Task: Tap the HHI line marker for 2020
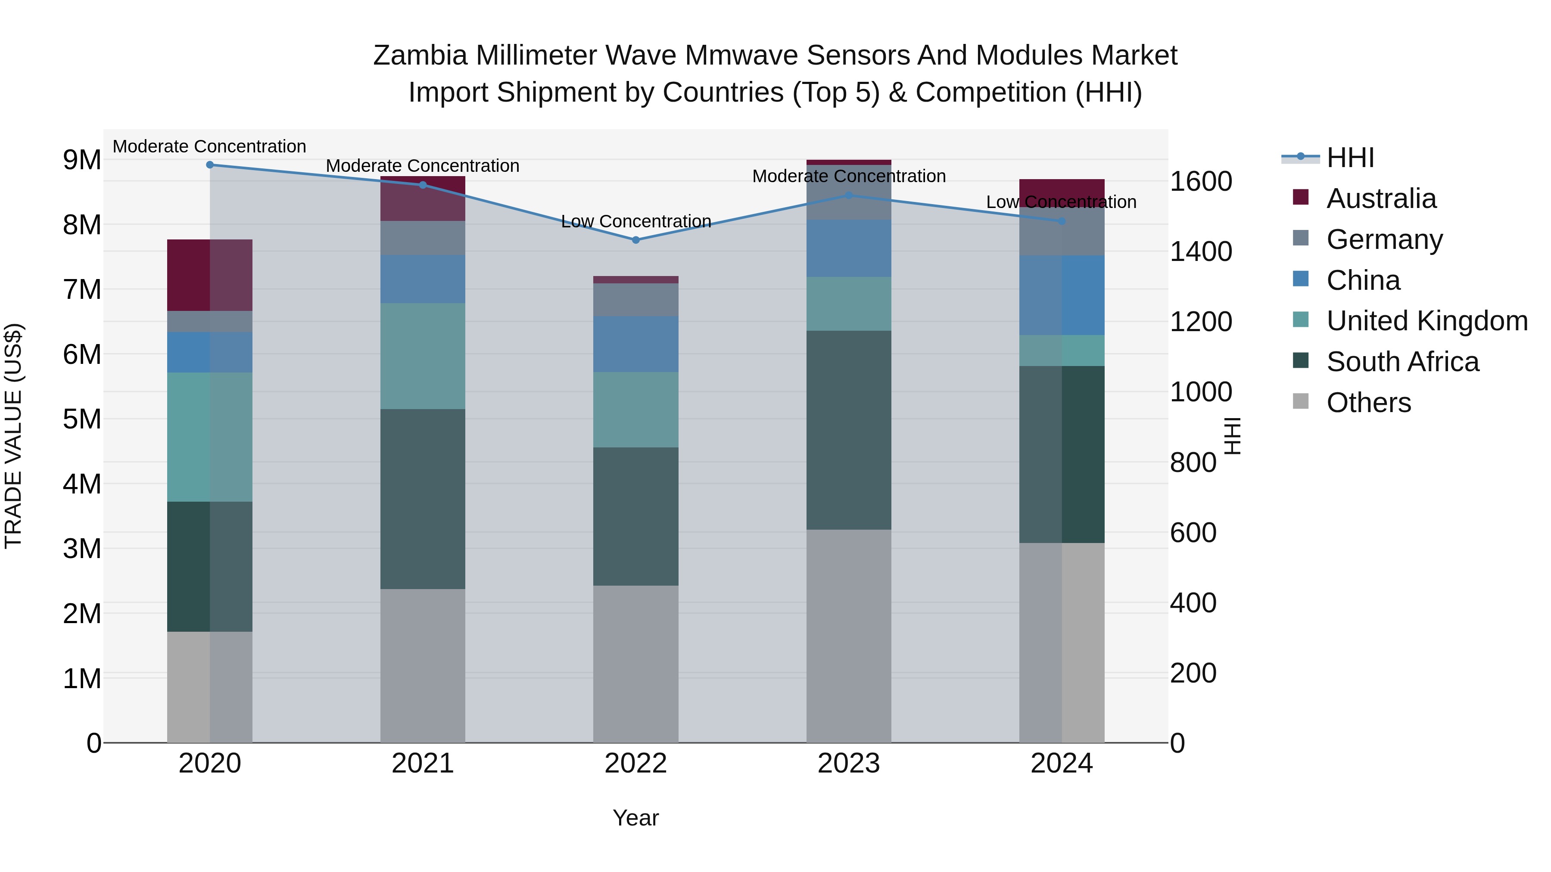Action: (x=209, y=165)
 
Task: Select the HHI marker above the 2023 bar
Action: (x=849, y=196)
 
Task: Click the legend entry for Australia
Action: (x=1381, y=199)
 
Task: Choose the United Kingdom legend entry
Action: (x=1426, y=321)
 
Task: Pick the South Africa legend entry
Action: (x=1402, y=362)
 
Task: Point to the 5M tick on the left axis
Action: (x=82, y=419)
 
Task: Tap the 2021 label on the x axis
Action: (x=423, y=763)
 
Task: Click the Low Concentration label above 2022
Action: (x=636, y=221)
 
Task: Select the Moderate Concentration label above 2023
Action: (x=849, y=176)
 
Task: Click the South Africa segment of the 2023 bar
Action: (x=849, y=430)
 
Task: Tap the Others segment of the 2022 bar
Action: (x=636, y=664)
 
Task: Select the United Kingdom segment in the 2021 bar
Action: (x=423, y=356)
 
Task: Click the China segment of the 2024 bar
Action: (x=1062, y=295)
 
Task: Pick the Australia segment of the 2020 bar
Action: (x=209, y=275)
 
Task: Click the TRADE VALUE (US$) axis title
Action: (x=13, y=436)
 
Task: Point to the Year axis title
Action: (x=636, y=818)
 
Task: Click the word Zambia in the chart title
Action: (x=420, y=56)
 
